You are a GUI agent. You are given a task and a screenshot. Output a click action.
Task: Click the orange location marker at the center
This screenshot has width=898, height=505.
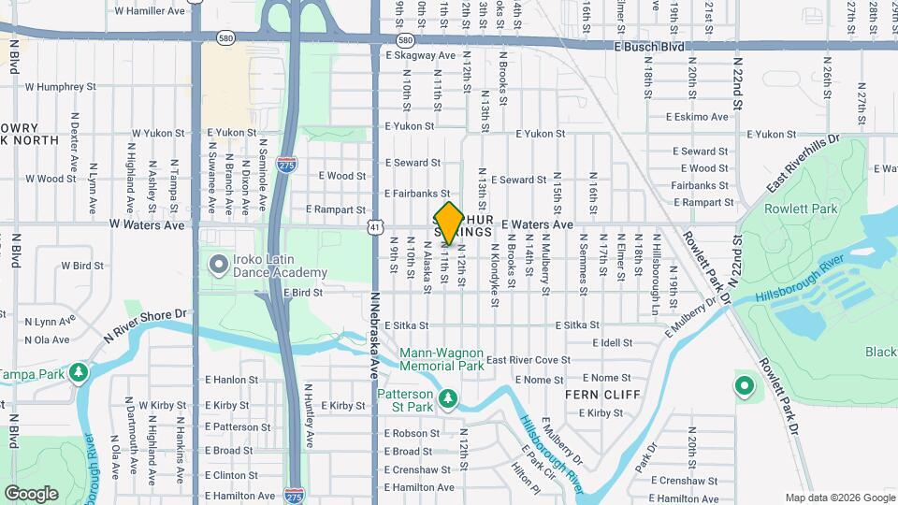tap(449, 223)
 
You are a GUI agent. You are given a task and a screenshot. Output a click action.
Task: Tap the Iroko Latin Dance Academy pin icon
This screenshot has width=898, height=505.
tap(219, 265)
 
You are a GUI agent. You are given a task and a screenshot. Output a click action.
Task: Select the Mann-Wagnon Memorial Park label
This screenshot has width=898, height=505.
tap(442, 359)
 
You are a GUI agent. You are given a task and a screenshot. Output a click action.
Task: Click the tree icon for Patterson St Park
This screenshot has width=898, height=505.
tap(448, 399)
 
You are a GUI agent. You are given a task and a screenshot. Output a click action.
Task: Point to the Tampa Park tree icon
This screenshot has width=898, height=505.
tap(80, 372)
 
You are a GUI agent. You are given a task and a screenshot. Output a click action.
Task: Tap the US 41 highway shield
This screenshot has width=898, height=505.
tap(374, 226)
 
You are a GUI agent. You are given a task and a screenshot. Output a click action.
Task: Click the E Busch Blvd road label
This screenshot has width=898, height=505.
tap(649, 46)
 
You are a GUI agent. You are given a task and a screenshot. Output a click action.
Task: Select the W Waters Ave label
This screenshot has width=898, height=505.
tap(147, 224)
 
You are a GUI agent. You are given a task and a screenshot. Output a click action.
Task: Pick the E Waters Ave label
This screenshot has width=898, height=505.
tap(537, 224)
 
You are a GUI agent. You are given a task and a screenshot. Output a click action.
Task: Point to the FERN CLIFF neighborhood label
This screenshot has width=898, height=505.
tap(602, 395)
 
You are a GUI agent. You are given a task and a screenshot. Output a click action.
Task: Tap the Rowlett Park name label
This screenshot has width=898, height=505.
tap(801, 209)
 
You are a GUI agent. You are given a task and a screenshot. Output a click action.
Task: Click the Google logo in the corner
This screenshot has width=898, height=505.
tap(32, 493)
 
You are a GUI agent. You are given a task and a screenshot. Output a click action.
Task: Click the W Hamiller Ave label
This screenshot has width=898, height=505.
tap(150, 11)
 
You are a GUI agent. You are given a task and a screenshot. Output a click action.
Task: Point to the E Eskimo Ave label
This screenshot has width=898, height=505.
tap(696, 117)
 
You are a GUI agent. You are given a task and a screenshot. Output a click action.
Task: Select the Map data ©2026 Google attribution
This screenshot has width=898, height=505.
tap(838, 498)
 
